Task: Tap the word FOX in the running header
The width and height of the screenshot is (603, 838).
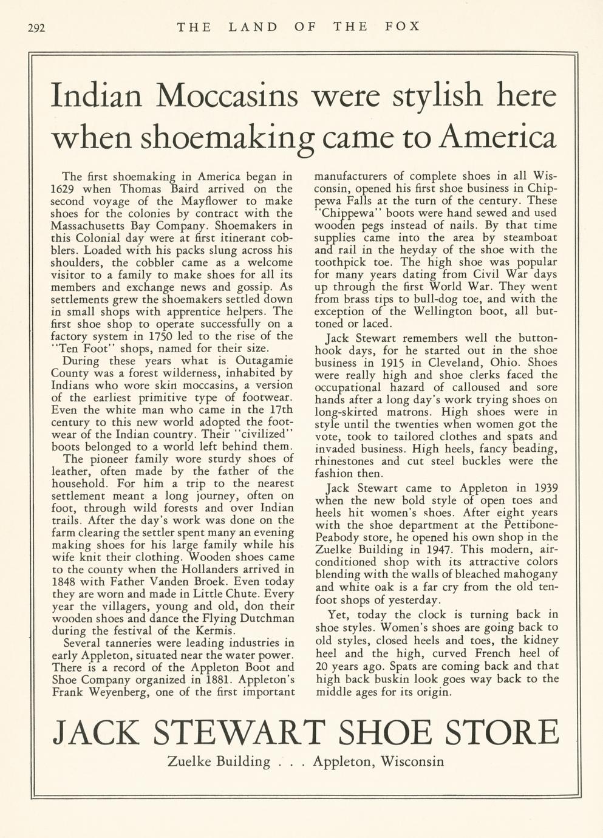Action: click(402, 27)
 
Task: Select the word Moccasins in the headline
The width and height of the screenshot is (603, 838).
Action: click(231, 95)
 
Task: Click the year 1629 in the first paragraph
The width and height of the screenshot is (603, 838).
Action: click(63, 189)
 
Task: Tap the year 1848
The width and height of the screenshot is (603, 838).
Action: click(66, 581)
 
